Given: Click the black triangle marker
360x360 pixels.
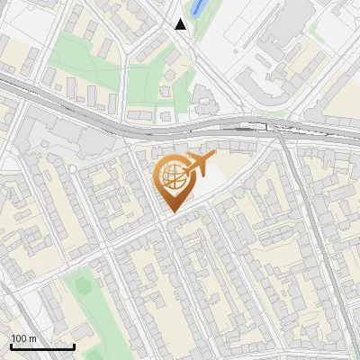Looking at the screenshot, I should [x=181, y=24].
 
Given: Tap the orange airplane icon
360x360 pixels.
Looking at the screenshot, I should [x=200, y=165].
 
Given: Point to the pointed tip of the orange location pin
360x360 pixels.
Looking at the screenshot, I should [x=172, y=211].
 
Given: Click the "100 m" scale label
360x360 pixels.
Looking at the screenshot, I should [x=23, y=338].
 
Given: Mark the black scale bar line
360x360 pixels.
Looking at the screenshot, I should [x=42, y=346].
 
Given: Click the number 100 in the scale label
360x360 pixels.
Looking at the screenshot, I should [x=19, y=338].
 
